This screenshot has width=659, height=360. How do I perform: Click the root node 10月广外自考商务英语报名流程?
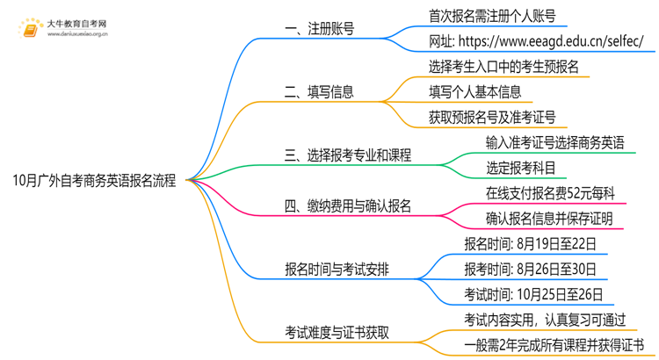tap(94, 182)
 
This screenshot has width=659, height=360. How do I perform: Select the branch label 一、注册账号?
tap(320, 29)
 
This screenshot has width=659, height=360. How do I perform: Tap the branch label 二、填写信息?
tap(320, 91)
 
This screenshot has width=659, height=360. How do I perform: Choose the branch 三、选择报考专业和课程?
tap(348, 156)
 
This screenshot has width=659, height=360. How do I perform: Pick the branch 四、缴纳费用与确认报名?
tap(348, 207)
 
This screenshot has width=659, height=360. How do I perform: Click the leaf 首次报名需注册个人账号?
tap(492, 16)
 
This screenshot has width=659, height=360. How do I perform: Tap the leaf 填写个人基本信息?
tap(475, 91)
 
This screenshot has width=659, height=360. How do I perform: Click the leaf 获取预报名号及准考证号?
tap(492, 118)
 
